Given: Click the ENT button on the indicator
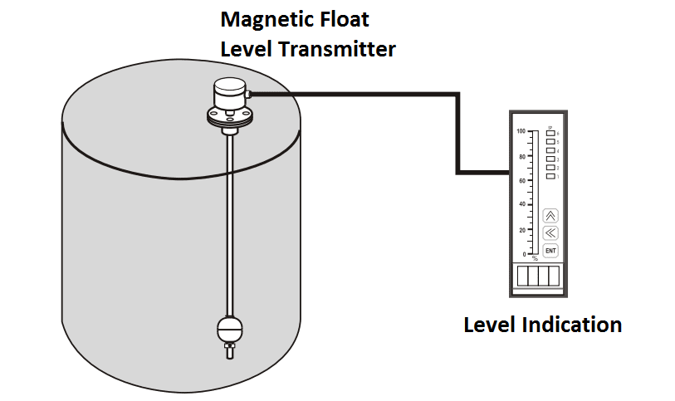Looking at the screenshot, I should coord(550,251).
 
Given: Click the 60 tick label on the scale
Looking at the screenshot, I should coord(521,180).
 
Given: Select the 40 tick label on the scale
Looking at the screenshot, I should coord(521,204).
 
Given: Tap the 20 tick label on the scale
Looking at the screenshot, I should coord(521,229).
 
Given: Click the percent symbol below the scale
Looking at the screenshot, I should coord(535,259).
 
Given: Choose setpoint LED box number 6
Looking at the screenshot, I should coord(550,133).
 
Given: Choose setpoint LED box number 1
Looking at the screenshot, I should coord(550,176).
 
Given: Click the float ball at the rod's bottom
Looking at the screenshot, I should coord(228,329).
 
